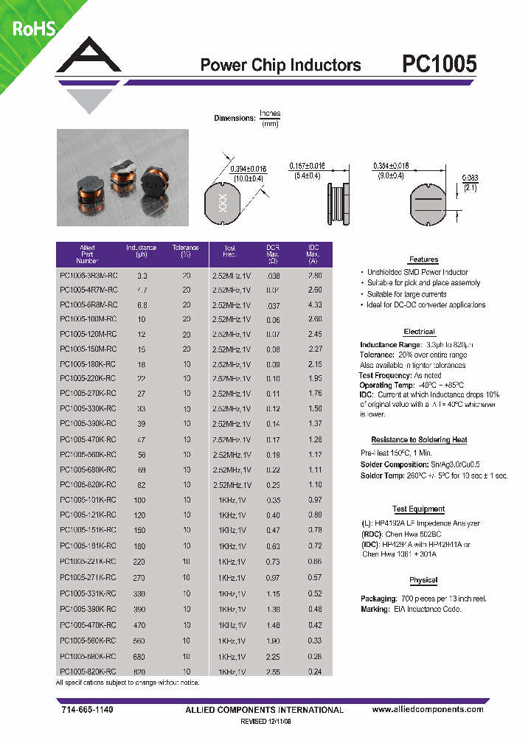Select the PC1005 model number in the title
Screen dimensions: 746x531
440,65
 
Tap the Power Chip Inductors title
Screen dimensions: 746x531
280,66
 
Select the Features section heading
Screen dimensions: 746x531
423,259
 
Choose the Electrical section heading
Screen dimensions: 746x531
419,332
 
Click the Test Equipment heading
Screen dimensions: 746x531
419,509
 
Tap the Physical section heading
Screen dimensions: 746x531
423,580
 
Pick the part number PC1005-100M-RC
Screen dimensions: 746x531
86,319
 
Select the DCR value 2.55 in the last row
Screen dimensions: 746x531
274,672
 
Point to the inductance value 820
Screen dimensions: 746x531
141,672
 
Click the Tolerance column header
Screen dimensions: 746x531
186,251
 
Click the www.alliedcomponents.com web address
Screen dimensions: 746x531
428,709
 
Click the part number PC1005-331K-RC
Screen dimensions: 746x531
86,594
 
